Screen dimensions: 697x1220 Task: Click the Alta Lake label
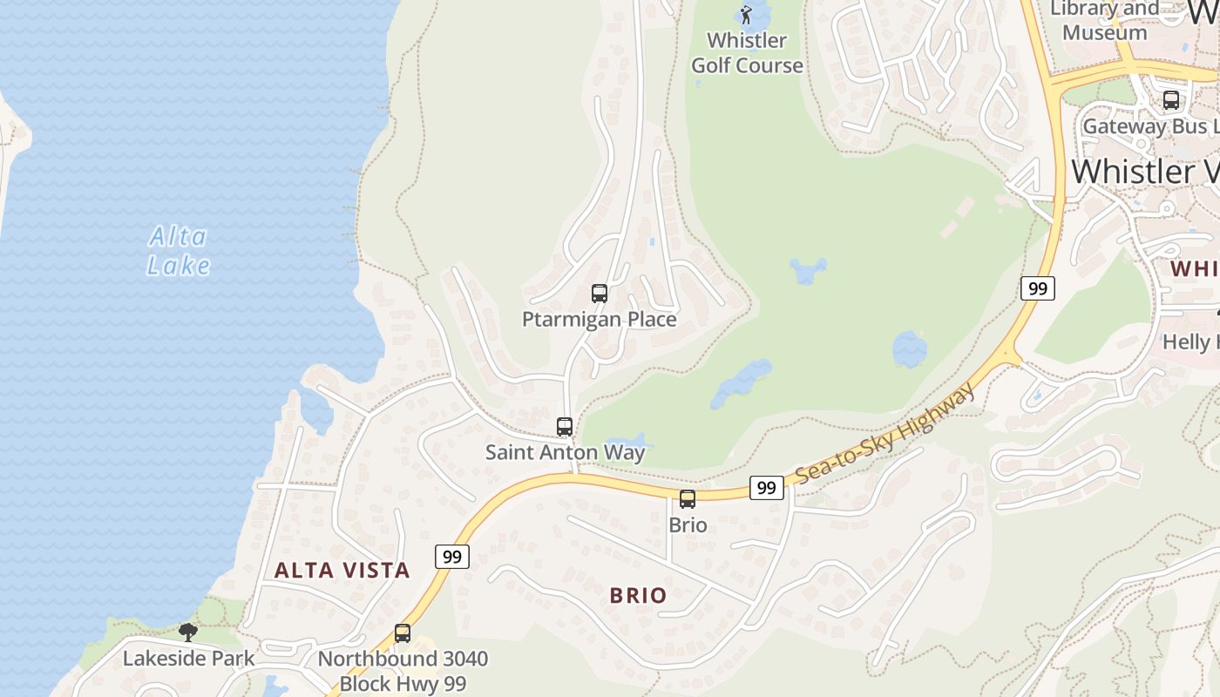tap(179, 251)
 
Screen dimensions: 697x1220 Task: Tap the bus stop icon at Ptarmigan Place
tap(600, 294)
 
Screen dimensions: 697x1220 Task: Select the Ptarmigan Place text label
tap(600, 320)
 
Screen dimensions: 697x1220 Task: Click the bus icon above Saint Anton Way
tap(565, 427)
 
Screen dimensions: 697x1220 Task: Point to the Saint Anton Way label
tap(565, 452)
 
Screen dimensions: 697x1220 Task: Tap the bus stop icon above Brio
tap(688, 499)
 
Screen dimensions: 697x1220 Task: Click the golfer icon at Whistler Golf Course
tap(746, 14)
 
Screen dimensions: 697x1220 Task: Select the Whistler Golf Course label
tap(747, 53)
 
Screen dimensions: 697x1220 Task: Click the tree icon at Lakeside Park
tap(187, 632)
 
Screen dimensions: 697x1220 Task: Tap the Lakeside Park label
tap(188, 658)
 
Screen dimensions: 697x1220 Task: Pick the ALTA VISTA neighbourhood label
tap(342, 571)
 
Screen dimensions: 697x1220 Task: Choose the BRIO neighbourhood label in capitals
tap(638, 596)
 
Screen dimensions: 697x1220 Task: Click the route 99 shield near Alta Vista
tap(451, 557)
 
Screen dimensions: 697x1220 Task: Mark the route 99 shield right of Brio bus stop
tap(766, 488)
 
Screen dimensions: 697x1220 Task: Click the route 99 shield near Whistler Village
tap(1038, 288)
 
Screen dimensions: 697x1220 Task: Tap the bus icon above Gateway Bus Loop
tap(1171, 100)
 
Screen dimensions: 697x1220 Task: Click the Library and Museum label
tap(1105, 21)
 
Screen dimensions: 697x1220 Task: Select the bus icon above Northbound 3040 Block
tap(403, 633)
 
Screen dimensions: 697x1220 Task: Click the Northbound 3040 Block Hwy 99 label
tap(403, 671)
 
